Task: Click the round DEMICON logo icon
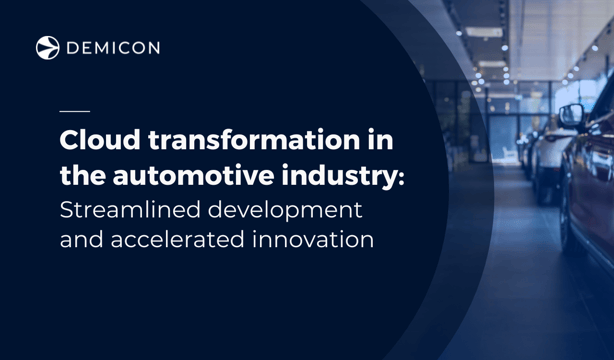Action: [x=47, y=47]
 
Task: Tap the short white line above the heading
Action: [x=74, y=110]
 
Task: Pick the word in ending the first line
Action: [x=380, y=139]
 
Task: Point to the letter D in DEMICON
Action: [x=73, y=48]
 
